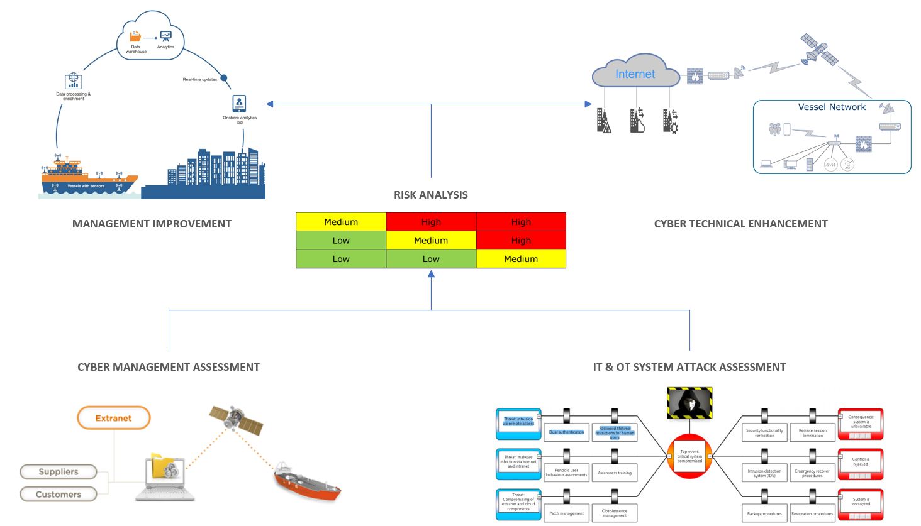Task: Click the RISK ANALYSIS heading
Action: point(431,195)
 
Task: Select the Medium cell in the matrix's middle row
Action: point(431,241)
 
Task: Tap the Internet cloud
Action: point(635,74)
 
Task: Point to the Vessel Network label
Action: point(832,107)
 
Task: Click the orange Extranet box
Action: point(114,418)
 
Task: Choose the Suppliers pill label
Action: point(59,472)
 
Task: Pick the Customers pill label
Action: point(59,495)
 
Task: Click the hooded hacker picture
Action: point(689,403)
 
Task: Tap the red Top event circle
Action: point(689,456)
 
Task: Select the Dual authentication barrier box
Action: point(566,432)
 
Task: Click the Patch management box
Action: point(566,513)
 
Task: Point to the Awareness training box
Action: point(615,473)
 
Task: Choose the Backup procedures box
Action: point(764,513)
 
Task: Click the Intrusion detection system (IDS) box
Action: point(764,473)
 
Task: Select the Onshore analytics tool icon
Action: point(239,103)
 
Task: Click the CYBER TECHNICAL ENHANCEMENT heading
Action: point(740,224)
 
